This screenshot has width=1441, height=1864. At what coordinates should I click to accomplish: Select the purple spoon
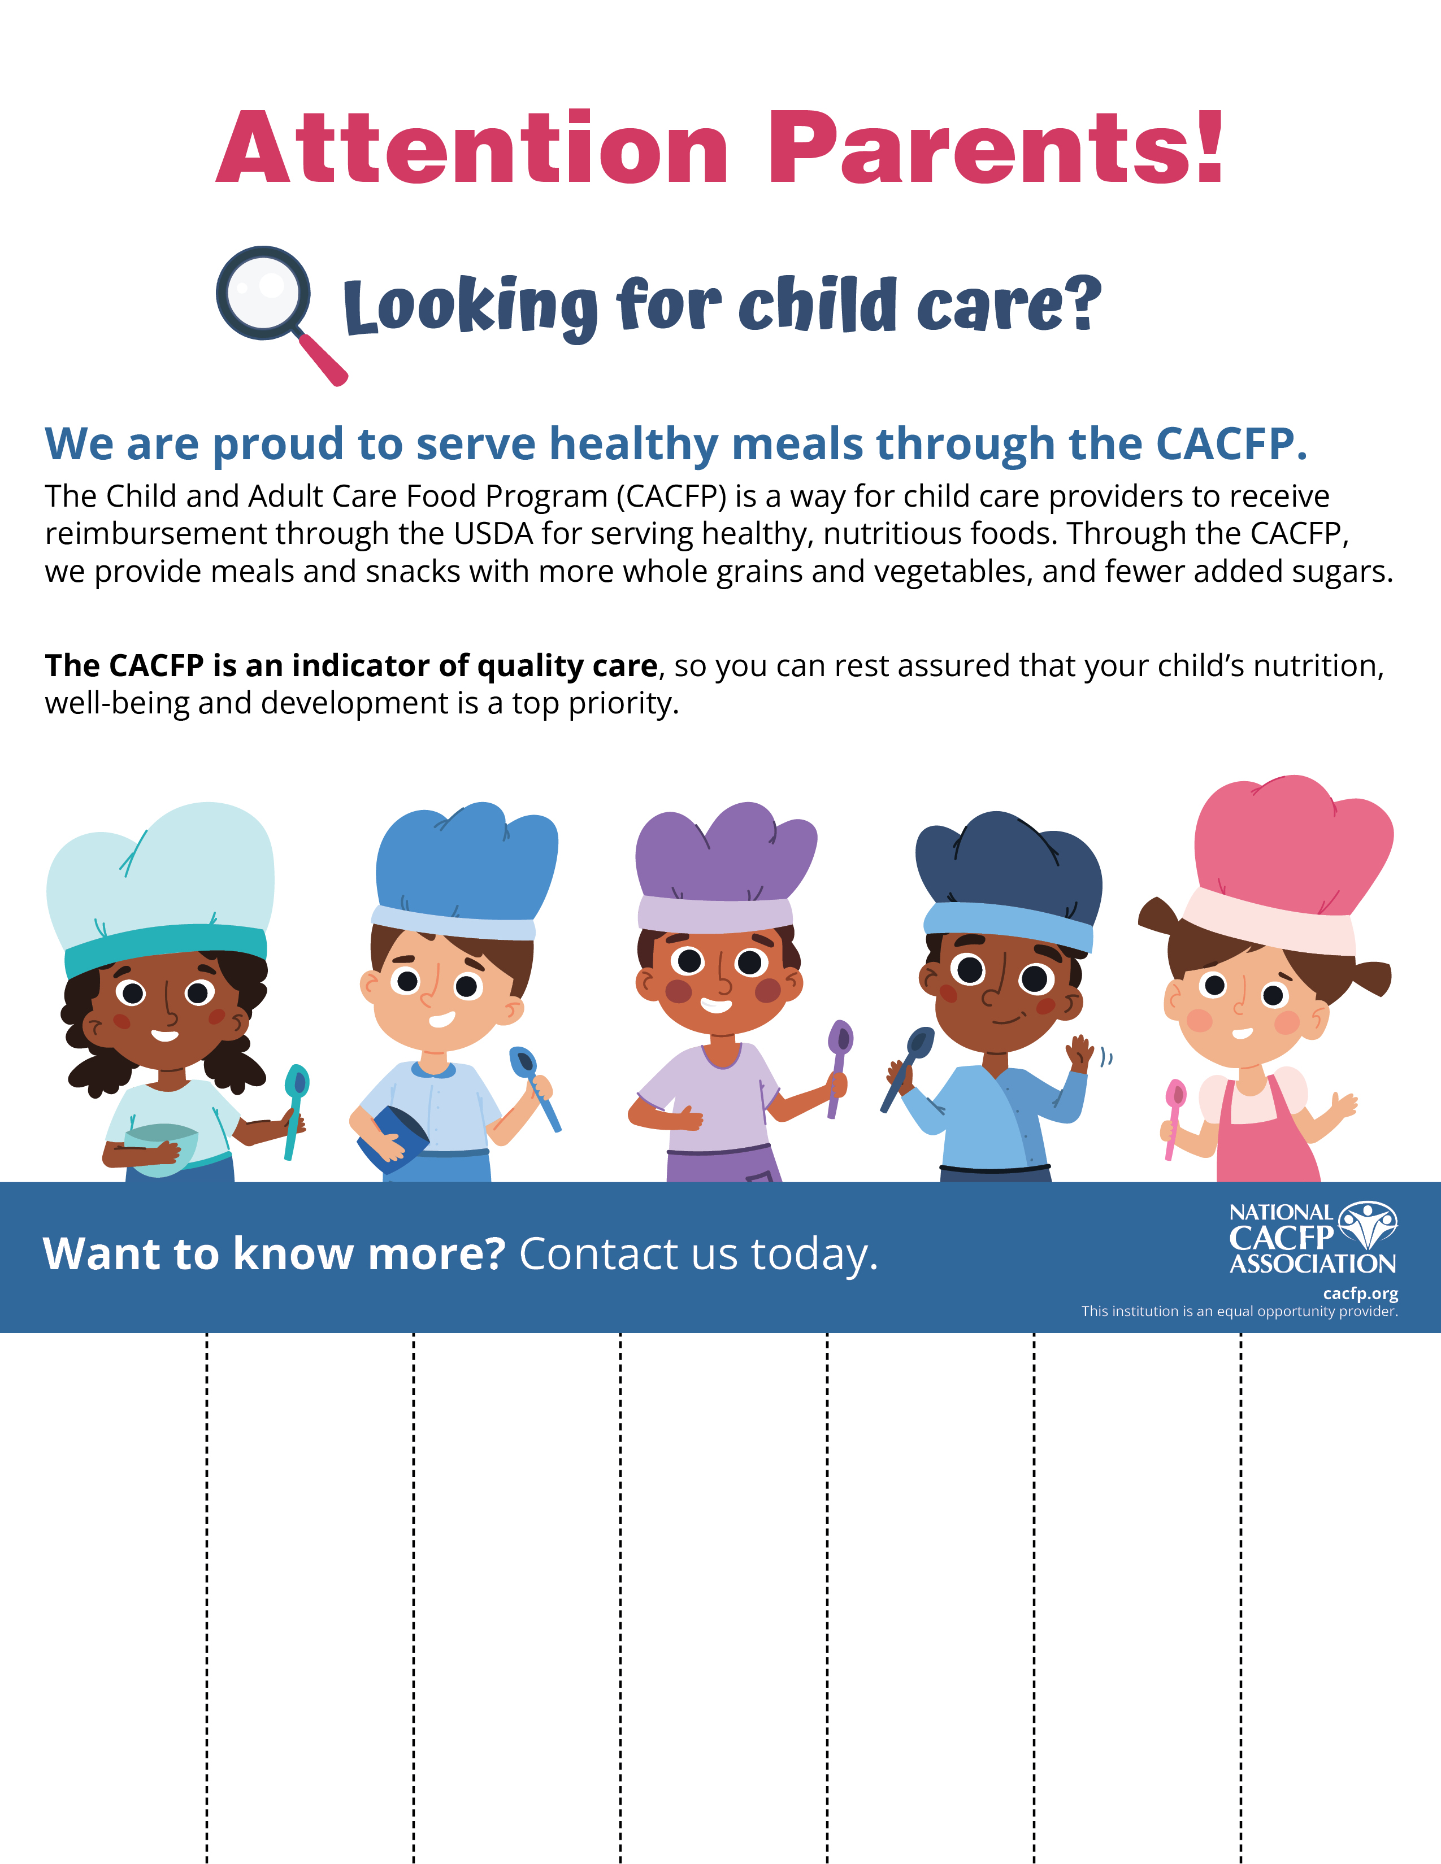838,1062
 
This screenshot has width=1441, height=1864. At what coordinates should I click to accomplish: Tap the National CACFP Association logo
1312,1238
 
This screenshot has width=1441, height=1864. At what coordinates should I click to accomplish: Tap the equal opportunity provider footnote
1239,1311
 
